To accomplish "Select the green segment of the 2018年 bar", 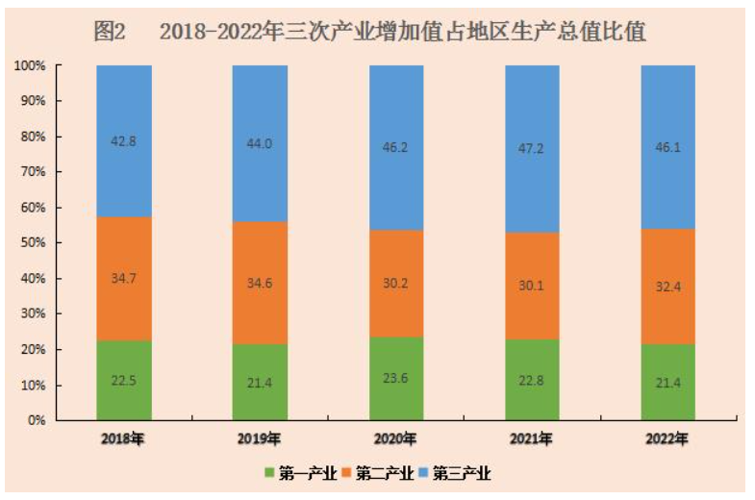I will [124, 381].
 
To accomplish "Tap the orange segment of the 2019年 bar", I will [261, 283].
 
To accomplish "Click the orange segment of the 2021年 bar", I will [533, 286].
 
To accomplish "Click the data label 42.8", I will [124, 140].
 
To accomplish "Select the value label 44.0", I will [261, 143].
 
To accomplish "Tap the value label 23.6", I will [397, 378].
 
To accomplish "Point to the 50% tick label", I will [32, 243].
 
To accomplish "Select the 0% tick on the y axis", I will [36, 420].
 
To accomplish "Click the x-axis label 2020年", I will [397, 440].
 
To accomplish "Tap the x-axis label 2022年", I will [668, 440].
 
